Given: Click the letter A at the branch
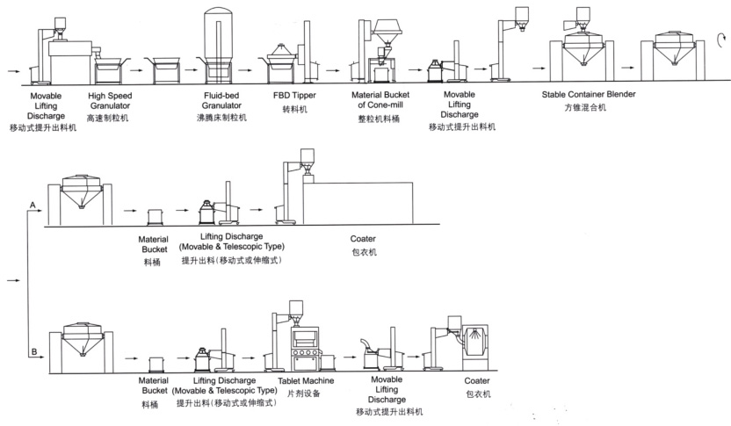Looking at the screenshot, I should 32,205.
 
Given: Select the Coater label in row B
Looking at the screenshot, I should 478,380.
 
